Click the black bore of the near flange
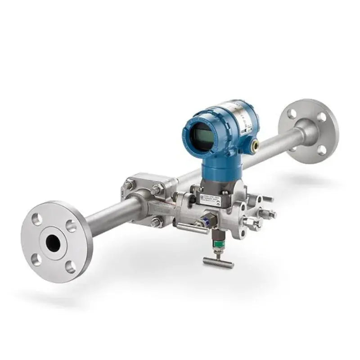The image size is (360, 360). pos(53,243)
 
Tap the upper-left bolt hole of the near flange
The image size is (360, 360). pos(38,219)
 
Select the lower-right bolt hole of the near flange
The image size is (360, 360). pos(70,266)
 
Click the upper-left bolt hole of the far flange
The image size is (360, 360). pos(292,113)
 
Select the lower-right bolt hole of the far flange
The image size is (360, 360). pos(322,150)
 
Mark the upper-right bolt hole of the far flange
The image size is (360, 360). pos(321,117)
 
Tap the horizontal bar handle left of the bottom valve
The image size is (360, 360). pos(189,227)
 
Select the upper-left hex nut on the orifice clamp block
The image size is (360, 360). pos(130,184)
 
